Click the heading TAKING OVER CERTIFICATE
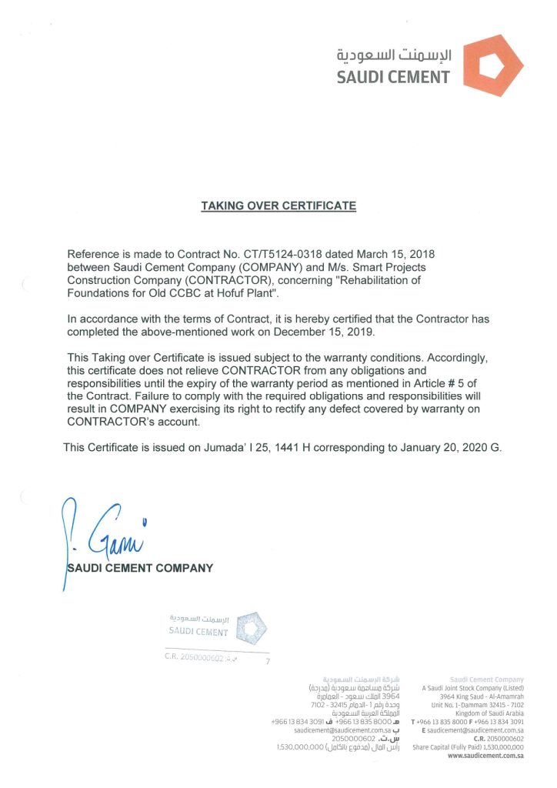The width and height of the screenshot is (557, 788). click(278, 206)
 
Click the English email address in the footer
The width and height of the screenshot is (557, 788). click(475, 730)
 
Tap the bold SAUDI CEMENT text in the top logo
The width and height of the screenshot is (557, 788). click(393, 77)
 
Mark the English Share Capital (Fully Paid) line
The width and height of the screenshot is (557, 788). click(468, 747)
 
